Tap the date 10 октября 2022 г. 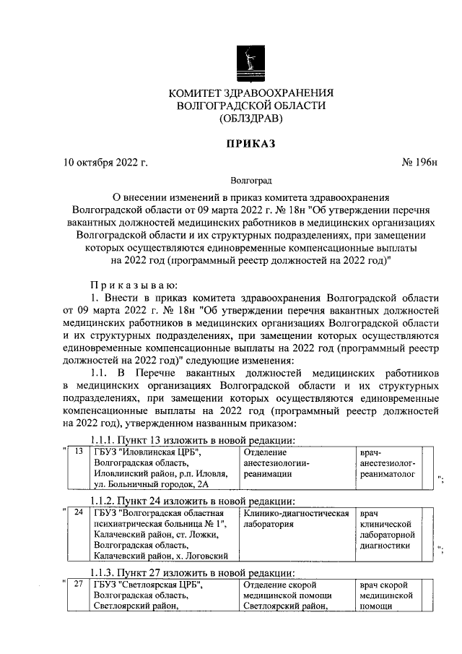click(x=106, y=163)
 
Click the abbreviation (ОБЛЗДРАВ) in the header click(x=251, y=119)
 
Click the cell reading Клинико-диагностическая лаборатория click(x=296, y=519)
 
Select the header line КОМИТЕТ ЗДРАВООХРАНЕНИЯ click(x=251, y=92)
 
